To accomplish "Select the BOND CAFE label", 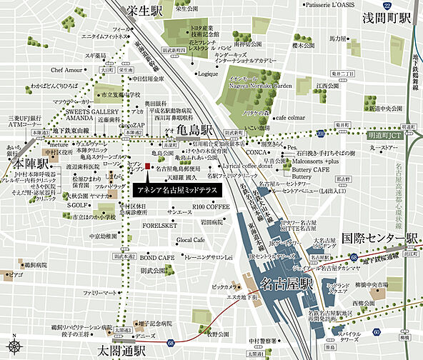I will click(x=157, y=256).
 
